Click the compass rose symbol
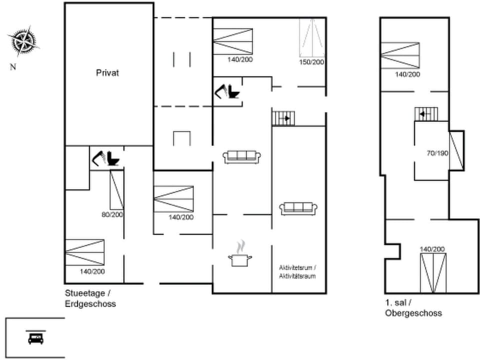22,41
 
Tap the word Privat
107,72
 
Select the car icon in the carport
35,338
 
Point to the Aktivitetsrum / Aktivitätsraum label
297,272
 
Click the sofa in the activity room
298,208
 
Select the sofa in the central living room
242,156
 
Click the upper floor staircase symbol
426,114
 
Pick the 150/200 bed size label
312,62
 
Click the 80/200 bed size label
112,214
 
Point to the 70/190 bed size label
437,152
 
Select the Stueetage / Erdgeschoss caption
90,298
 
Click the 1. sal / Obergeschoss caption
413,308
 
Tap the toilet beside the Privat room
113,158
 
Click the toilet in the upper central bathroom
232,92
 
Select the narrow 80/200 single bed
116,189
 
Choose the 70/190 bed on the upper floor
456,149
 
